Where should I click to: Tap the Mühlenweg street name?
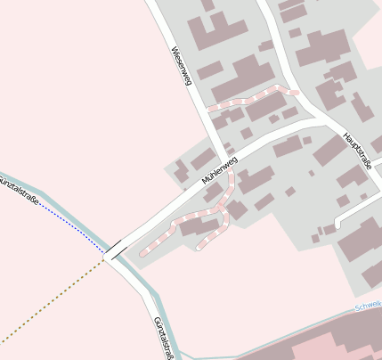click(x=219, y=170)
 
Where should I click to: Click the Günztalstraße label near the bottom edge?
click(x=162, y=339)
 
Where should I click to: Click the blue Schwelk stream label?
click(x=368, y=306)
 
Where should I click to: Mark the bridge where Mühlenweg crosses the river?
click(x=115, y=249)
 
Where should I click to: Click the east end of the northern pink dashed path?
click(x=295, y=91)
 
